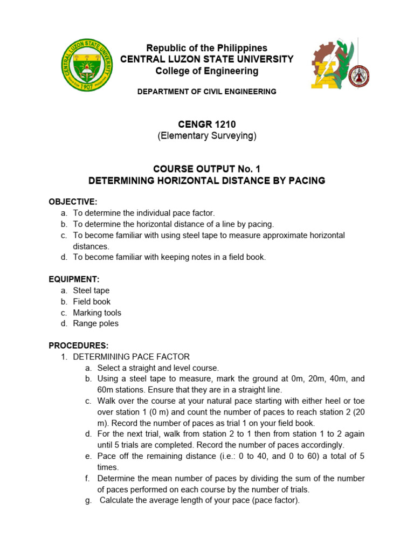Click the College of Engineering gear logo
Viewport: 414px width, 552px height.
(330, 65)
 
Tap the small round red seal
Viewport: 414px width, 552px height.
(359, 76)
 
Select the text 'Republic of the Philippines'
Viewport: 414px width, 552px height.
(207, 48)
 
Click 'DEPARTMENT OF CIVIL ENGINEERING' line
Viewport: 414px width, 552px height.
(207, 92)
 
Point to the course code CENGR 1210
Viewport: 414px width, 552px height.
(207, 125)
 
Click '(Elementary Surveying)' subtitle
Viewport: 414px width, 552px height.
(207, 136)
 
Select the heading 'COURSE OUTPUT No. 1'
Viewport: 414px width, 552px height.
(207, 169)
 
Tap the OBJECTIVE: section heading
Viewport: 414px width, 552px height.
(73, 202)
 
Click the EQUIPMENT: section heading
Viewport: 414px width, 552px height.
(74, 279)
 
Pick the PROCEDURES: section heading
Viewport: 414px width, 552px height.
(79, 346)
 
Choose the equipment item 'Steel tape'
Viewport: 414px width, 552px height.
(91, 291)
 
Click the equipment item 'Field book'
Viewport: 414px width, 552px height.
(92, 302)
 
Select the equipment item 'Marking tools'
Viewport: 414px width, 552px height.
(97, 313)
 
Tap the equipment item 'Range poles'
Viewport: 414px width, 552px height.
(95, 323)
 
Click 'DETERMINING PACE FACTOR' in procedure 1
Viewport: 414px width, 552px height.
(131, 357)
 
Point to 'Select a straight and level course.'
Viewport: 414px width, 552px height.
(158, 368)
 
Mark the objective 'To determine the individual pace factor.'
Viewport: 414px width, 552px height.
(144, 213)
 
